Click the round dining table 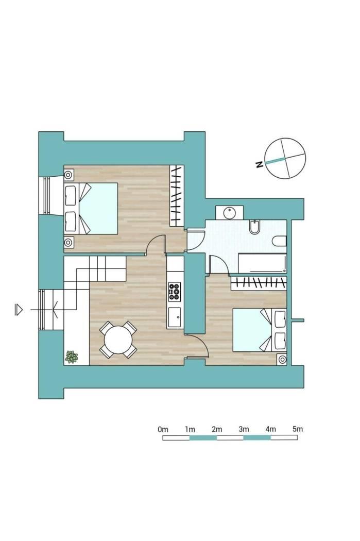(x=118, y=340)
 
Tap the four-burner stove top (x=175, y=292)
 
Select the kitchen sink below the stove (x=175, y=317)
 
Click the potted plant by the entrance (x=72, y=357)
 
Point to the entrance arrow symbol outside (x=19, y=310)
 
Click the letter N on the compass (x=260, y=164)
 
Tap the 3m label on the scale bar (x=244, y=429)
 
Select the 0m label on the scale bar (x=163, y=429)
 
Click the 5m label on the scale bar (x=298, y=429)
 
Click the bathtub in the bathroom (x=263, y=264)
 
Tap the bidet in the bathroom (x=254, y=226)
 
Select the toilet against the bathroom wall (x=279, y=241)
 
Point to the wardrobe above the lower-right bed (x=259, y=283)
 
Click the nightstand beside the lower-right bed (x=282, y=360)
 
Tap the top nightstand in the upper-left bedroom (x=68, y=174)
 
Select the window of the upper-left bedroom (x=47, y=195)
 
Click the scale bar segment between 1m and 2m (x=203, y=437)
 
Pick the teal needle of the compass (x=275, y=161)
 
